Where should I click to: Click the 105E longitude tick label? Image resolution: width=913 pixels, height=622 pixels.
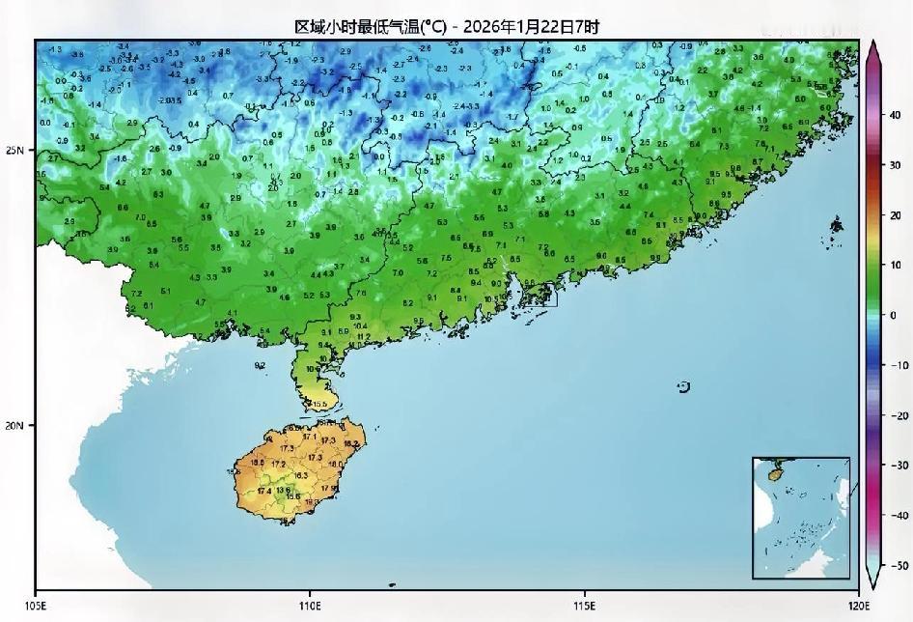tap(36, 606)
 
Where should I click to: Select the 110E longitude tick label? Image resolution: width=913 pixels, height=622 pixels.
tap(310, 606)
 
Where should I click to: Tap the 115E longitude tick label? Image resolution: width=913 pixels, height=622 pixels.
tap(584, 606)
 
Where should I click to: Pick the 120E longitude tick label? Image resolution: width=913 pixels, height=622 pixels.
tap(858, 606)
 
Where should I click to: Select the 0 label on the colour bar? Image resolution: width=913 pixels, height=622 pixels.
tap(894, 315)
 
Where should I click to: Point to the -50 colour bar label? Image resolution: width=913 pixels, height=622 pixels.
tap(897, 566)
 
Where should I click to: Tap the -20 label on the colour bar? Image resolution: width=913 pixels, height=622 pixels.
tap(897, 415)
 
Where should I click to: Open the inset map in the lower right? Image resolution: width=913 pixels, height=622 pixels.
tap(801, 518)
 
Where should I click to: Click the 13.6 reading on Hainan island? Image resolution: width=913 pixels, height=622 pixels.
tap(283, 490)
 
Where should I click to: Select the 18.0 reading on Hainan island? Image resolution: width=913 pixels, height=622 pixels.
tap(336, 465)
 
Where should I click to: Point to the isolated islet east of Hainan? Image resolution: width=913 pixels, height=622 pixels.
tap(684, 387)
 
